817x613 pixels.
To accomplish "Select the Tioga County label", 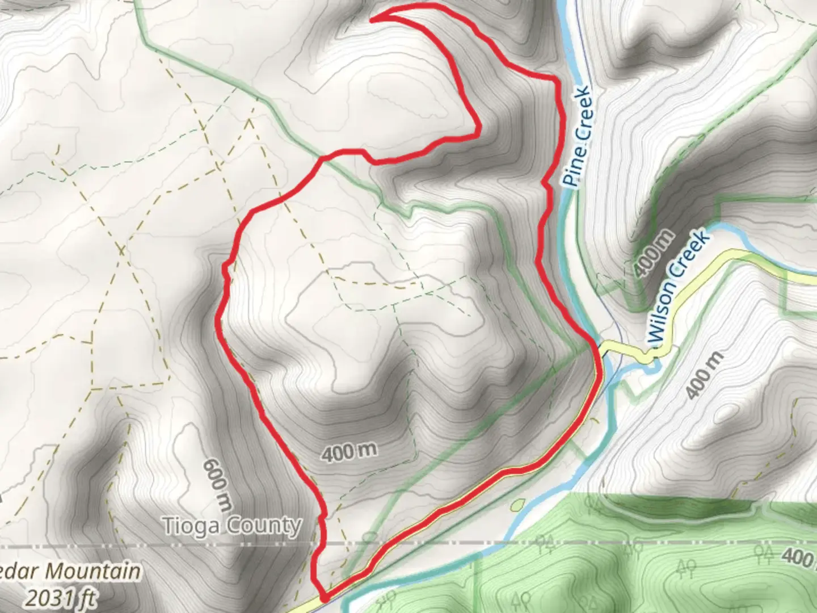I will [231, 526].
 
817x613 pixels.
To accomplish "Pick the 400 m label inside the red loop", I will [349, 452].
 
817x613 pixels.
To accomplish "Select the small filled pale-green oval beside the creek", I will [517, 504].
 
